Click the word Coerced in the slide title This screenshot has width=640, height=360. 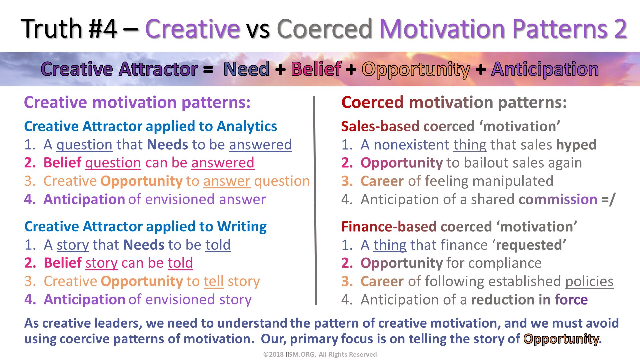[324, 29]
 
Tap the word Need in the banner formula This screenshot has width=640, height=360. [247, 69]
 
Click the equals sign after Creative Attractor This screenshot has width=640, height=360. [208, 70]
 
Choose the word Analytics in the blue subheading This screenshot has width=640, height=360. [247, 127]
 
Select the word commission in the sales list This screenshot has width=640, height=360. [558, 199]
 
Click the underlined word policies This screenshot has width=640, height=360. [589, 282]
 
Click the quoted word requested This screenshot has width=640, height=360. [531, 245]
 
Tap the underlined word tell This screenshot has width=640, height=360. [214, 281]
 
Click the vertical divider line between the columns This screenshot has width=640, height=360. [315, 201]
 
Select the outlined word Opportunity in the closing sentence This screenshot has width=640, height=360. [561, 339]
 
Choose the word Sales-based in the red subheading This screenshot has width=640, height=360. [380, 127]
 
